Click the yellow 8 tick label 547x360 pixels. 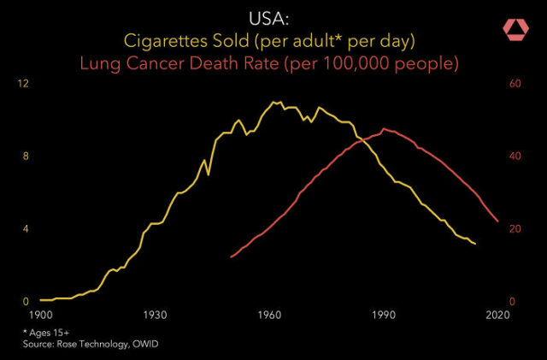pos(26,156)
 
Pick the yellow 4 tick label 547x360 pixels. pos(26,229)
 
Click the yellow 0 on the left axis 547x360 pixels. pos(26,302)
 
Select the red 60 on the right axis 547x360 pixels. pos(515,84)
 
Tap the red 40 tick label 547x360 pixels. pos(515,156)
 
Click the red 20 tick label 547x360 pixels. pos(515,229)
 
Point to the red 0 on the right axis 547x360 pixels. pos(513,302)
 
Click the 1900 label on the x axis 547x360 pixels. pos(39,315)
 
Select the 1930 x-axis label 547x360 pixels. pos(154,315)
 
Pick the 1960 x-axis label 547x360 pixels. pos(269,315)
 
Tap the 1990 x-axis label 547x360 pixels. pos(384,315)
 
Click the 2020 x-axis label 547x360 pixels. pos(497,315)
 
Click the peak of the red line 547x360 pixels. pos(385,129)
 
